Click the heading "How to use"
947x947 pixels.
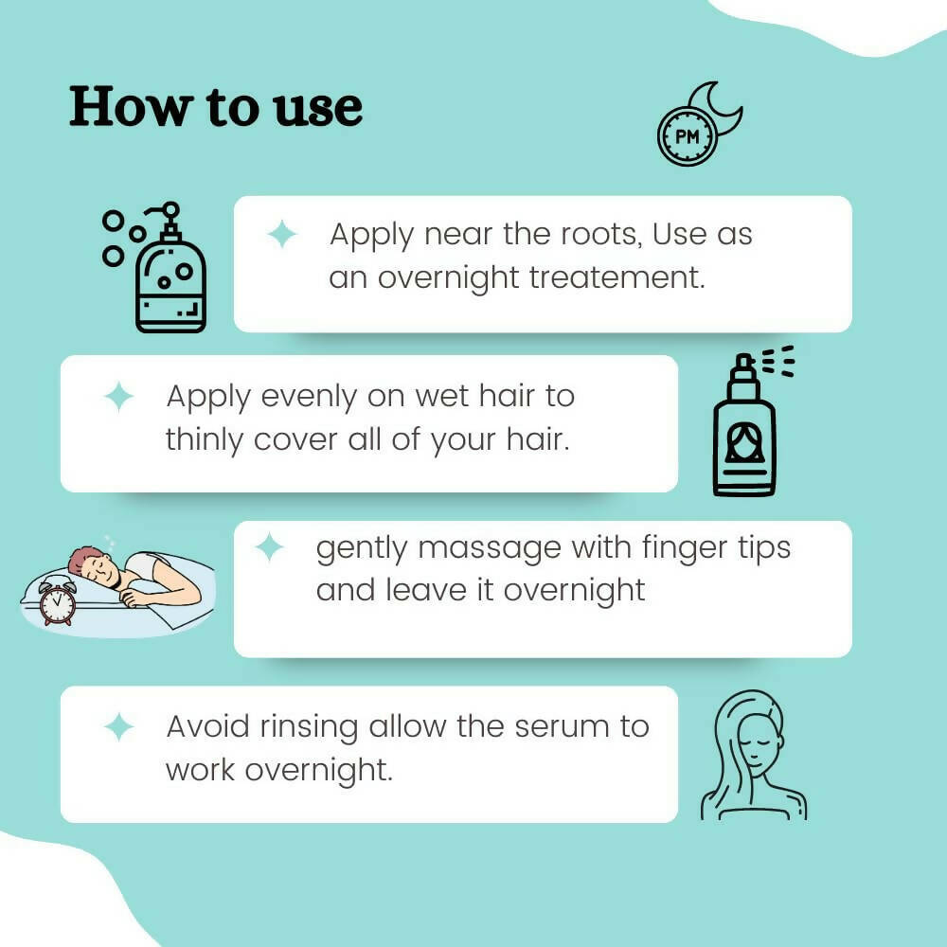click(x=216, y=107)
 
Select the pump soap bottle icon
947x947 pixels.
click(x=170, y=275)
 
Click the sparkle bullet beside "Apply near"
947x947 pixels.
click(x=282, y=234)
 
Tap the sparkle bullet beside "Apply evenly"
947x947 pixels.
click(x=119, y=397)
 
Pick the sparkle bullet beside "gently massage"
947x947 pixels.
click(x=270, y=547)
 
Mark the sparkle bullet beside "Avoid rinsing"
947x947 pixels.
click(x=119, y=727)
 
